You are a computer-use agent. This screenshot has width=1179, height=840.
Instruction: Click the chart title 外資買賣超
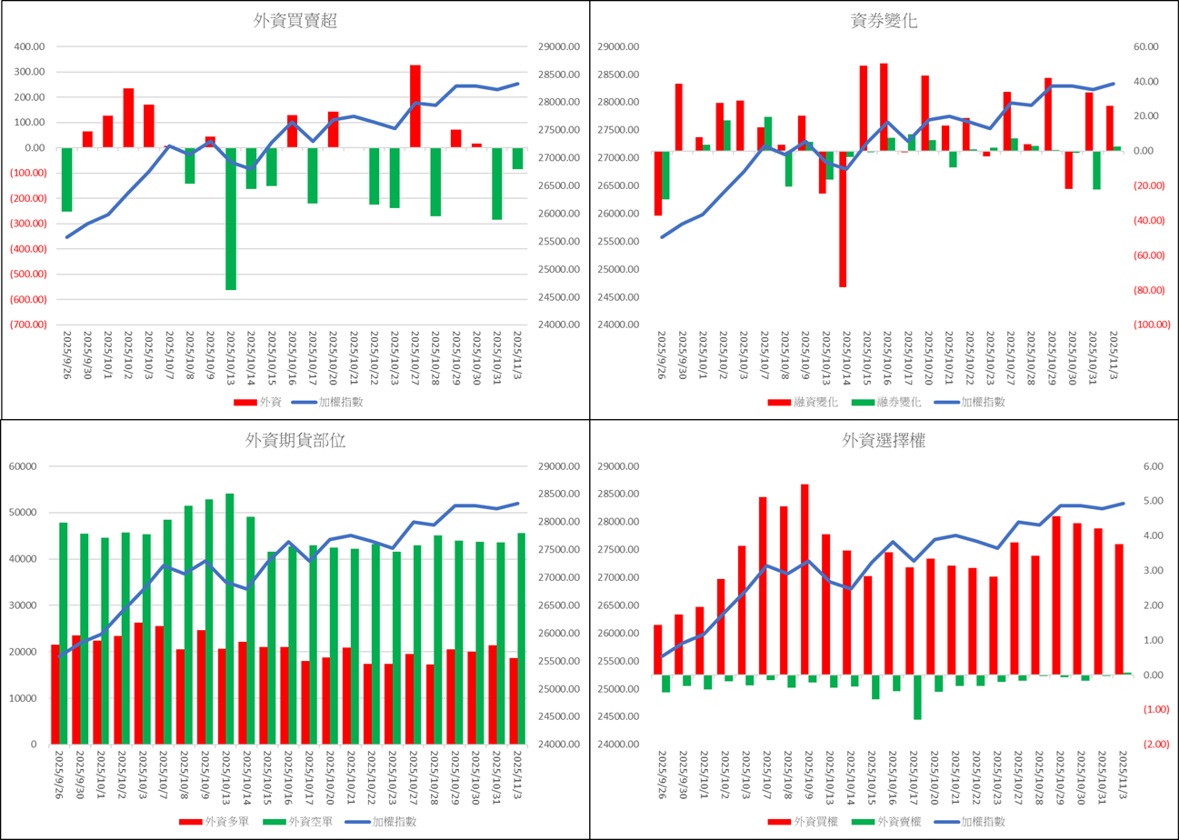pos(295,22)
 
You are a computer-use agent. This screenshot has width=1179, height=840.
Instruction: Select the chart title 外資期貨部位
pos(295,441)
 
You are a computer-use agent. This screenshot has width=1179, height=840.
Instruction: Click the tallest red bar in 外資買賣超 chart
pos(415,105)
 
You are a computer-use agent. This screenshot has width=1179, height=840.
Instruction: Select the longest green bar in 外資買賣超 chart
pos(231,218)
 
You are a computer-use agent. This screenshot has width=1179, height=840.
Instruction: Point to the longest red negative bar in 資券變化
pos(843,218)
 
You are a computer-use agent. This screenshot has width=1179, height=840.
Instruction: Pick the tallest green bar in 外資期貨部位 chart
pos(230,618)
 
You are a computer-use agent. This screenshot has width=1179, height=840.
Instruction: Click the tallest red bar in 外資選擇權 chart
pos(804,579)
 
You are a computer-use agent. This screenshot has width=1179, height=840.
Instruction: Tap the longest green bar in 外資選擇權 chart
pos(917,696)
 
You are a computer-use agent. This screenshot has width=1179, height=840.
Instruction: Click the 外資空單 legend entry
pos(308,822)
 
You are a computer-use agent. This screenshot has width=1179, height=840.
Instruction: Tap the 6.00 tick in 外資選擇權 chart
pos(1153,466)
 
